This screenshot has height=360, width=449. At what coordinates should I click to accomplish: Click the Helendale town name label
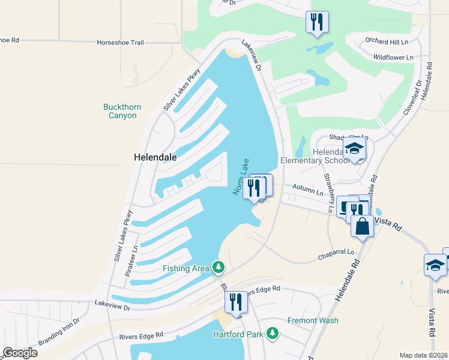[x=154, y=157]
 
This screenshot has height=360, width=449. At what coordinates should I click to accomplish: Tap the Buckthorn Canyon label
[x=122, y=112]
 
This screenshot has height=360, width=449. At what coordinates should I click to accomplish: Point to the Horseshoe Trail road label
[x=121, y=43]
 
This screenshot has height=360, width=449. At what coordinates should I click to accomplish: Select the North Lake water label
[x=240, y=176]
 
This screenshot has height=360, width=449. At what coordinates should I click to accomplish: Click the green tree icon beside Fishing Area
[x=219, y=268]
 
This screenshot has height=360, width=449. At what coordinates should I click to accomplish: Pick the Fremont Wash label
[x=312, y=320]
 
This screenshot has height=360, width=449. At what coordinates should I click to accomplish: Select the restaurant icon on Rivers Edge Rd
[x=235, y=301]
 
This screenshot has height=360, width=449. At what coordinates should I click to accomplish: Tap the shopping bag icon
[x=362, y=226]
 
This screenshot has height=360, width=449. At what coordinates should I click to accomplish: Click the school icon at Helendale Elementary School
[x=354, y=149]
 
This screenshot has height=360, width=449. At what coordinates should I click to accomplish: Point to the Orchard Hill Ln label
[x=387, y=41]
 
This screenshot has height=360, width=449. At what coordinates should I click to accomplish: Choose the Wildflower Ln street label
[x=393, y=57]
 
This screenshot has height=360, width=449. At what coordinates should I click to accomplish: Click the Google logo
[x=20, y=352]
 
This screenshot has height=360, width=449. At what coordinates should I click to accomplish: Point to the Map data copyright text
[x=424, y=355]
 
